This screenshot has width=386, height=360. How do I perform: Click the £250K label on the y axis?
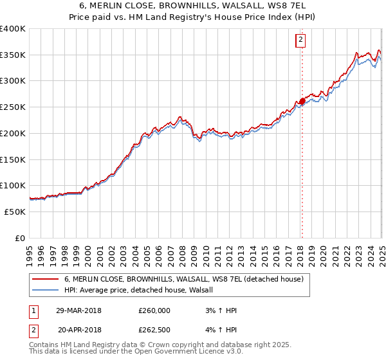click(x=13, y=107)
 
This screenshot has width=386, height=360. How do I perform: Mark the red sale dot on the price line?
click(x=302, y=101)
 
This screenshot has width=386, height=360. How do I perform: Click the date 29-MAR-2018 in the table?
click(x=78, y=310)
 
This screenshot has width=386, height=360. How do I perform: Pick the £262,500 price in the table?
click(x=154, y=330)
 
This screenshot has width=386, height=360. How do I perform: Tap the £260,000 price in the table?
click(x=154, y=310)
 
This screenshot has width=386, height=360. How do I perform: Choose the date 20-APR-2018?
click(x=78, y=330)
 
